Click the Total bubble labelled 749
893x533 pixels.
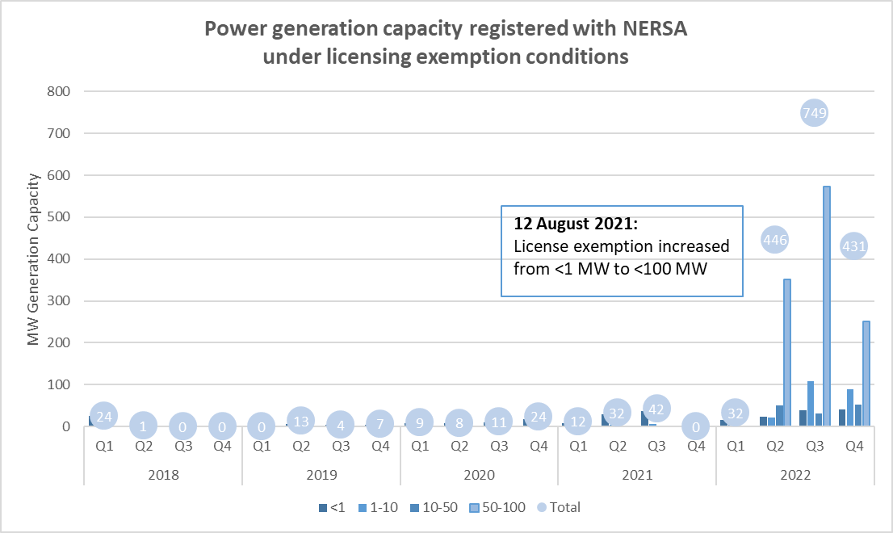(x=814, y=113)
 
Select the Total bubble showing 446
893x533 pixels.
(x=774, y=240)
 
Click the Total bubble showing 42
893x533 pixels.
(x=656, y=409)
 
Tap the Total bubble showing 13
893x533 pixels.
(x=300, y=420)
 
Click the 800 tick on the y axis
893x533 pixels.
(x=61, y=91)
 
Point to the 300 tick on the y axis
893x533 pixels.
(x=61, y=301)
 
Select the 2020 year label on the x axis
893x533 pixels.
(x=479, y=475)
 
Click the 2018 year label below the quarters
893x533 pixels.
(x=163, y=475)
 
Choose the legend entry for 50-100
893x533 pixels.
(x=498, y=507)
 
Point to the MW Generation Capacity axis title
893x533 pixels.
(x=34, y=259)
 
